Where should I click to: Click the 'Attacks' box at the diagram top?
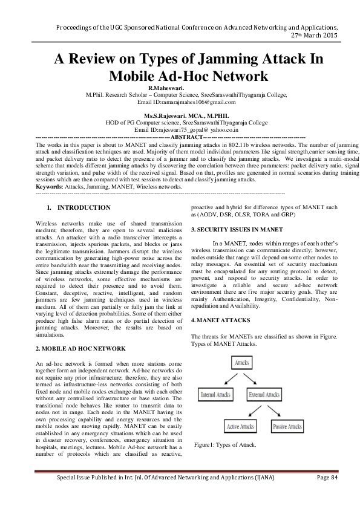[x=241, y=363]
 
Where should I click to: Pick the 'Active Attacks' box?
[x=240, y=427]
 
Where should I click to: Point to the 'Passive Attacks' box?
[x=287, y=427]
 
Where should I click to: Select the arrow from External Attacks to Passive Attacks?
[x=278, y=412]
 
